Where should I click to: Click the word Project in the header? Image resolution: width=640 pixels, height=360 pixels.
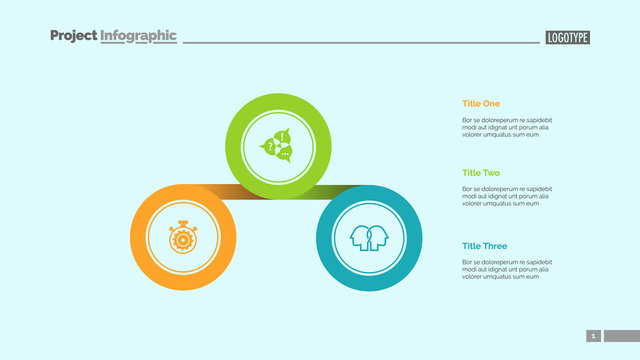click(x=74, y=36)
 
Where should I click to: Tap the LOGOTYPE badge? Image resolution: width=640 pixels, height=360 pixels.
click(x=568, y=38)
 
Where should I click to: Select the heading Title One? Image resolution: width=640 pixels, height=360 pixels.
click(x=481, y=103)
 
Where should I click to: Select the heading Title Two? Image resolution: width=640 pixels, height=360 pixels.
click(x=481, y=173)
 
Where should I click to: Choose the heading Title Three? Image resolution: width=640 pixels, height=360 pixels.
click(x=484, y=246)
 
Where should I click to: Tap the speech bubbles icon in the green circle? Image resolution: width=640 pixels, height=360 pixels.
click(x=278, y=145)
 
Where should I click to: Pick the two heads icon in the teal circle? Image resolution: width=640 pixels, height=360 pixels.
click(x=369, y=239)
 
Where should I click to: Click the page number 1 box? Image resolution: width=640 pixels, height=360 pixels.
click(x=593, y=336)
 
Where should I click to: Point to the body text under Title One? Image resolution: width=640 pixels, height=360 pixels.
click(x=506, y=127)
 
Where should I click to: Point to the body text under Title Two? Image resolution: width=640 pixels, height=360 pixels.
click(x=506, y=196)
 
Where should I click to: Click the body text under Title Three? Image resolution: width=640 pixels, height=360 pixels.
click(x=506, y=269)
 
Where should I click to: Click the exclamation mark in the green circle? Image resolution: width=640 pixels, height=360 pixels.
click(x=284, y=137)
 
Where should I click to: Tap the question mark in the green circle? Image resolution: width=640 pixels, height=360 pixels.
click(x=270, y=146)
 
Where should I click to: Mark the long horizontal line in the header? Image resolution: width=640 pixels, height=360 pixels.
click(x=360, y=42)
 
